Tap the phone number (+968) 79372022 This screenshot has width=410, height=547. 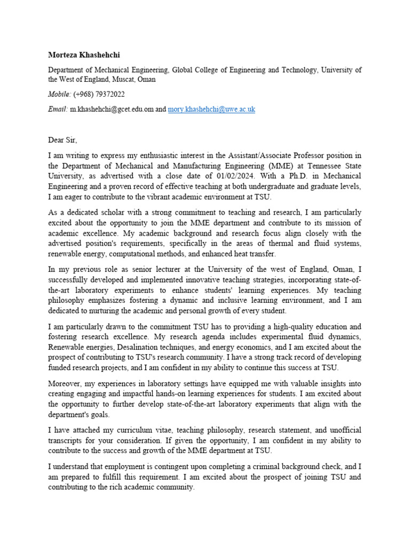pos(99,95)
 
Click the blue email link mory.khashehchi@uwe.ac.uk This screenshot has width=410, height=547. pos(211,109)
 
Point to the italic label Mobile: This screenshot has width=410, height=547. pos(59,95)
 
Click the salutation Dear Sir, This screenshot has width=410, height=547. pos(62,140)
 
